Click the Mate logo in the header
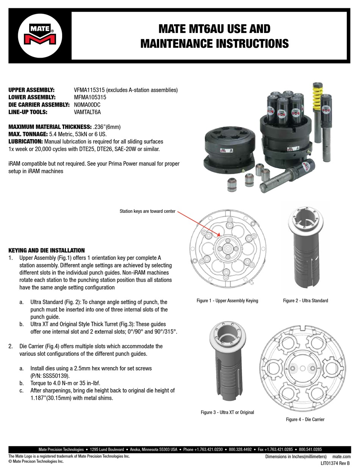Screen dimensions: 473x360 click(x=39, y=35)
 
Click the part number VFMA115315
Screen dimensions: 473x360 click(x=89, y=90)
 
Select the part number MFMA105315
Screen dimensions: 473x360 click(x=90, y=97)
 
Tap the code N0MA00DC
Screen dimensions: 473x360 click(x=87, y=104)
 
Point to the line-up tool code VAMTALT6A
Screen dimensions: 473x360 click(x=88, y=112)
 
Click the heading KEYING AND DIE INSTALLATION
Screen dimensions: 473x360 click(x=47, y=250)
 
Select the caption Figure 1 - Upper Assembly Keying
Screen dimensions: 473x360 click(x=227, y=301)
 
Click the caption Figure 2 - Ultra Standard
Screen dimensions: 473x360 click(x=305, y=301)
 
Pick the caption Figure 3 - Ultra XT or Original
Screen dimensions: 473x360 click(x=227, y=412)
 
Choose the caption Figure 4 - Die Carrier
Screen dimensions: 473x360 click(x=305, y=420)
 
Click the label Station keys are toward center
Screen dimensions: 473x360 click(x=147, y=211)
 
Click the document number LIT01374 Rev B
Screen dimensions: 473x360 click(x=335, y=463)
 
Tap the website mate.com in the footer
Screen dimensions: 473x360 click(x=341, y=457)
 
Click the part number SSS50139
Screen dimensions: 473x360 click(x=55, y=376)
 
